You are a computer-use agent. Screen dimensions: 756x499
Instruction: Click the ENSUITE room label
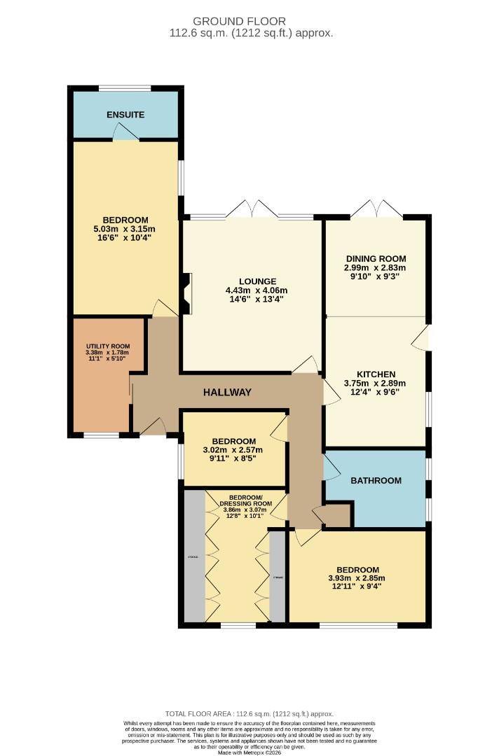pos(125,115)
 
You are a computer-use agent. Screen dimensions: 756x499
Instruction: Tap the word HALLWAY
pos(227,393)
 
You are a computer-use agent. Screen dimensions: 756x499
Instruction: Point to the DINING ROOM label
pos(375,258)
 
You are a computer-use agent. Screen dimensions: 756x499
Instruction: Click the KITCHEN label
pos(375,374)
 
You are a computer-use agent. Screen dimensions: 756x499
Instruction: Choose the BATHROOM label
pos(376,480)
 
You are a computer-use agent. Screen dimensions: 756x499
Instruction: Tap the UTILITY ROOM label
pos(107,346)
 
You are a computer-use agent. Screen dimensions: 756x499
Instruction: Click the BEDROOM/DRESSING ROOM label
pos(245,500)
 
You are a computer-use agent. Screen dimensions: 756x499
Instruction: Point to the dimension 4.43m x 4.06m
pos(256,290)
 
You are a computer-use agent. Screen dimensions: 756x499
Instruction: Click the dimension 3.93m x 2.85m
pos(357,578)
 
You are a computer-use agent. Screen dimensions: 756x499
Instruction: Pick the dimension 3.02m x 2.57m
pos(232,450)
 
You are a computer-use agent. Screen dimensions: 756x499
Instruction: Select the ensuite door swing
pos(125,132)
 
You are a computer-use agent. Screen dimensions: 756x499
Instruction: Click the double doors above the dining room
pos(376,209)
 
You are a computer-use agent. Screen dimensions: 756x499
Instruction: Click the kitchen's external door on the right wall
pos(421,338)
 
